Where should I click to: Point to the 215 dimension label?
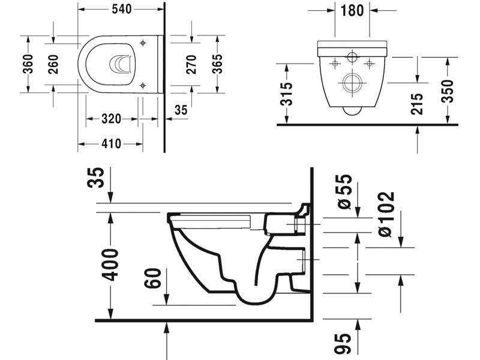pos(418,104)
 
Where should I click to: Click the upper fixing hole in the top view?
pos(143,43)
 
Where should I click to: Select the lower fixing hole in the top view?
pos(143,85)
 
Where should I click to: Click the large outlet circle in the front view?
pos(350,83)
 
